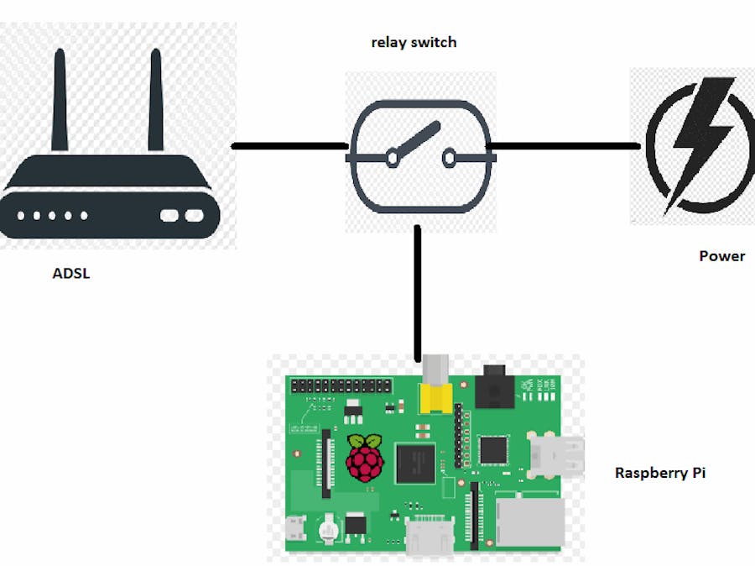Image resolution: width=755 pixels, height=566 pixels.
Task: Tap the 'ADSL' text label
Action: [x=71, y=273]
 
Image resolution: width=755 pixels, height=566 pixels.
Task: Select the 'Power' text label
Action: [x=721, y=256]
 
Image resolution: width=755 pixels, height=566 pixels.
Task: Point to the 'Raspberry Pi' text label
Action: [x=659, y=473]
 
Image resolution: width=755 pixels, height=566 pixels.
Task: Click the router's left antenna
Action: [x=60, y=101]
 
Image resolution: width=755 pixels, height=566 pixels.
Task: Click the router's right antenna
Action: [x=155, y=101]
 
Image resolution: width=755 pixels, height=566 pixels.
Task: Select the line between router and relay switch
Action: [x=289, y=146]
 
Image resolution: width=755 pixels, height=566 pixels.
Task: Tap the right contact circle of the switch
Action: [x=450, y=155]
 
